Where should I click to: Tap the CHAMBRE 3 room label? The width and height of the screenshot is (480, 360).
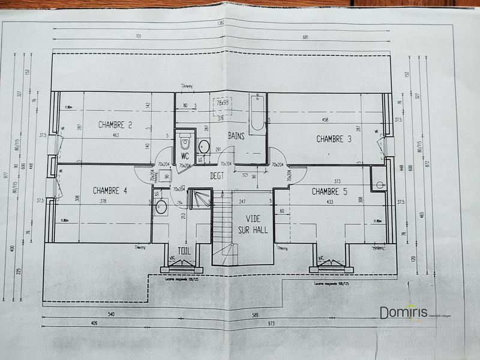coord(334,139)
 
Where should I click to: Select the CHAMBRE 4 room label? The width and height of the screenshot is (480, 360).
coord(110,191)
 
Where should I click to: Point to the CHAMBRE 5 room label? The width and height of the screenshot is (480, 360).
coord(329,191)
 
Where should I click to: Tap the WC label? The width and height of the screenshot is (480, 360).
coord(185,156)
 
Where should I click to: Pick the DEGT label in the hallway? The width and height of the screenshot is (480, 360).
coord(217,176)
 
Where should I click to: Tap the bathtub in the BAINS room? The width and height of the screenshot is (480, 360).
coord(257,112)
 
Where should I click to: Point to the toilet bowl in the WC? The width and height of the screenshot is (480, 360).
coord(185,142)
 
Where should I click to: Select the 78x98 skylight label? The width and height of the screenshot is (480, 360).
coord(223,103)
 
